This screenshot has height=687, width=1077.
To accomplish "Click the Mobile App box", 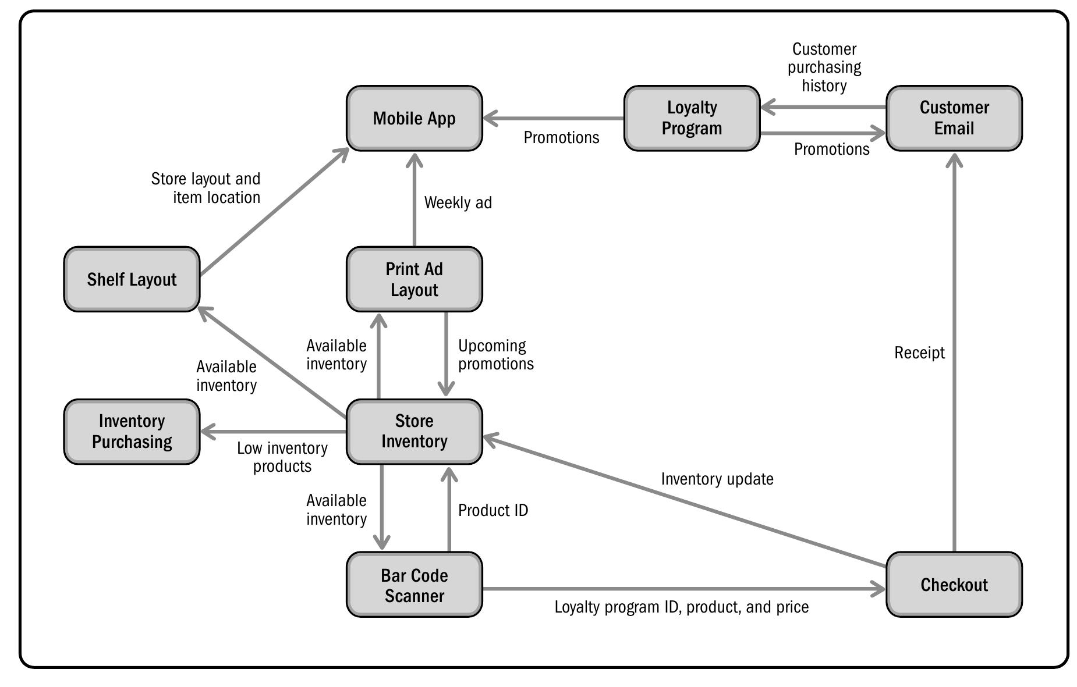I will click(x=414, y=119).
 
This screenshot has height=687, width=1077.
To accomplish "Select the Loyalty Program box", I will click(x=691, y=119).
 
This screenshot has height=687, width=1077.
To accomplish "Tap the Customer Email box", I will click(x=953, y=119).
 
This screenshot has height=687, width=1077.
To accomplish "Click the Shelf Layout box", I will click(x=132, y=279).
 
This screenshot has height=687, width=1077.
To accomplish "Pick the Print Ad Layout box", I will click(x=414, y=279).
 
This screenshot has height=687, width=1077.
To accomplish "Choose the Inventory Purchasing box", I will click(x=132, y=432).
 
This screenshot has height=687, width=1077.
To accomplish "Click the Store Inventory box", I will click(x=414, y=432).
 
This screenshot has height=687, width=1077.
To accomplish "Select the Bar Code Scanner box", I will click(x=414, y=585).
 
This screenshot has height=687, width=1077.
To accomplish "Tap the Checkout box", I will click(x=953, y=585).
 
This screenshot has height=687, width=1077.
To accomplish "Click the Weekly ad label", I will click(x=458, y=203).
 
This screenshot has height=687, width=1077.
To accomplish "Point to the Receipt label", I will click(x=919, y=353).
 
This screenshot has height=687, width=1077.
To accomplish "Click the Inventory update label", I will click(x=717, y=479).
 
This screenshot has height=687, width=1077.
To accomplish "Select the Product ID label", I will click(x=493, y=511).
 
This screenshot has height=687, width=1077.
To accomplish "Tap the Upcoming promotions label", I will click(x=495, y=355).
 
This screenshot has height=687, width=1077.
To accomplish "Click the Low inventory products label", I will click(x=282, y=457).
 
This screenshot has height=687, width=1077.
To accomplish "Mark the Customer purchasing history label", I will click(x=824, y=67).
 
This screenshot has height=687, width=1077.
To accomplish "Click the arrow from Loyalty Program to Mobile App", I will click(x=553, y=119).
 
